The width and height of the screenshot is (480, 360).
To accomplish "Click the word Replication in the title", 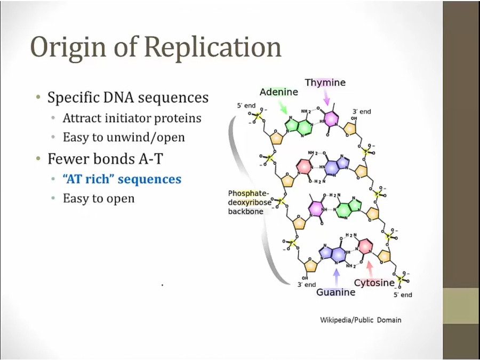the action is click(213, 47).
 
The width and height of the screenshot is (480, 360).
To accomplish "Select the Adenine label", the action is click(278, 92).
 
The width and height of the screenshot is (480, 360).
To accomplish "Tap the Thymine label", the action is click(325, 83).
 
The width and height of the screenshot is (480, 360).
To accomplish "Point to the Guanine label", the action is click(336, 292).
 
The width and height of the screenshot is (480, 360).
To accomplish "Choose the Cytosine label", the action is click(374, 283).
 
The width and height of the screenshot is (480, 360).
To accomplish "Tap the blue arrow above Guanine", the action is click(337, 277).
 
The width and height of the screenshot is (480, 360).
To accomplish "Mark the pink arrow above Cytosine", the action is click(370, 269).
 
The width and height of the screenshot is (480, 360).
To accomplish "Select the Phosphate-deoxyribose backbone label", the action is click(250, 202).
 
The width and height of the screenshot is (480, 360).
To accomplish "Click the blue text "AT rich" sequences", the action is click(122, 179).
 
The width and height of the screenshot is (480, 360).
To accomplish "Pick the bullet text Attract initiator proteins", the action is click(132, 118).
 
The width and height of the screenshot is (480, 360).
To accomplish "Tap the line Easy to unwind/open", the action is click(124, 137).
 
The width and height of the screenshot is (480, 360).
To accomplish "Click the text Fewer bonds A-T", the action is click(105, 158).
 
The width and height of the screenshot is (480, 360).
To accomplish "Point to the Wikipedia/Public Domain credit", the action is click(361, 320).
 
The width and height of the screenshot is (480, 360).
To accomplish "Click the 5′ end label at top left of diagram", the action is click(246, 106).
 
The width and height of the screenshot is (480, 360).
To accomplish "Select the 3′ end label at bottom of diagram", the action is click(307, 285).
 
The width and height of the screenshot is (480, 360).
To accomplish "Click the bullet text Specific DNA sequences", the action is click(128, 98).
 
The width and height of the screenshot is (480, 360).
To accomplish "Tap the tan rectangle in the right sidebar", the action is click(461, 306).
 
